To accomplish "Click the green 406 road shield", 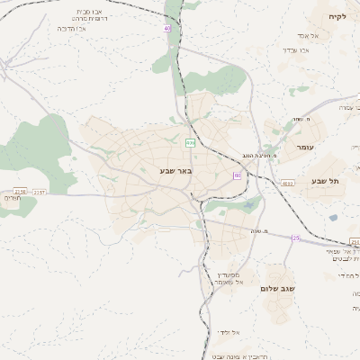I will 190,143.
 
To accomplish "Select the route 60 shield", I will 237,175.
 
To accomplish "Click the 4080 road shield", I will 287,183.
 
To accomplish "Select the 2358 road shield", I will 355,242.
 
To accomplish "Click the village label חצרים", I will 11,198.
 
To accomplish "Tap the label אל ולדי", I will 228,332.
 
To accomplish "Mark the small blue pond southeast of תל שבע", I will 333,218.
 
